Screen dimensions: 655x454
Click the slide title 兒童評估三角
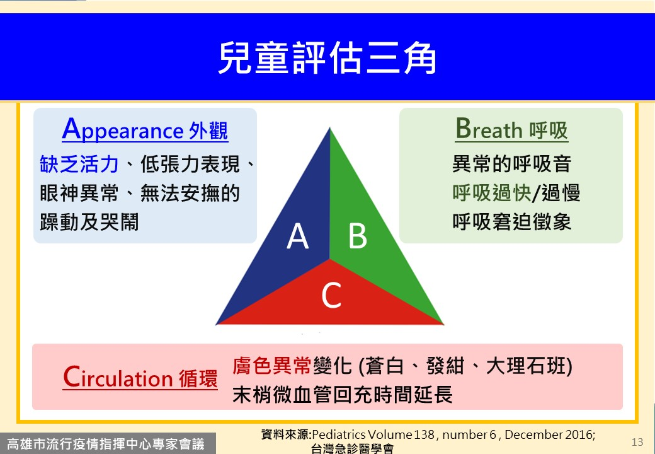pyautogui.click(x=327, y=57)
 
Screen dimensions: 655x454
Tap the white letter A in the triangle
pyautogui.click(x=297, y=236)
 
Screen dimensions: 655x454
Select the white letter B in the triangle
pyautogui.click(x=358, y=236)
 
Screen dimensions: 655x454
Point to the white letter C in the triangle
pyautogui.click(x=331, y=295)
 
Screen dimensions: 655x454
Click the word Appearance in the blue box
pyautogui.click(x=122, y=130)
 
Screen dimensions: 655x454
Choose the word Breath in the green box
pyautogui.click(x=489, y=129)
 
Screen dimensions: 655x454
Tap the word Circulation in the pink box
pyautogui.click(x=118, y=377)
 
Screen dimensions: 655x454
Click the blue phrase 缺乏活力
pyautogui.click(x=79, y=164)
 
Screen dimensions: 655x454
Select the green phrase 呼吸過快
pyautogui.click(x=492, y=193)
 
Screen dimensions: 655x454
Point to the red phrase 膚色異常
pyautogui.click(x=272, y=365)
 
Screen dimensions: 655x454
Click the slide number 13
pyautogui.click(x=637, y=442)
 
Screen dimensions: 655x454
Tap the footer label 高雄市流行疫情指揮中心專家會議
pyautogui.click(x=106, y=444)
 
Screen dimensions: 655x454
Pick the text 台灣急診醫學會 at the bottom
pyautogui.click(x=352, y=449)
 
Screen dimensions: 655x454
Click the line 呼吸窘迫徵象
pyautogui.click(x=511, y=222)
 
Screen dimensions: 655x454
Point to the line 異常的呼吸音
pyautogui.click(x=511, y=164)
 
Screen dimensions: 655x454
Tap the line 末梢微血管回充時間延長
pyautogui.click(x=342, y=395)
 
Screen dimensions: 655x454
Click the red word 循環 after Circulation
pyautogui.click(x=198, y=379)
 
